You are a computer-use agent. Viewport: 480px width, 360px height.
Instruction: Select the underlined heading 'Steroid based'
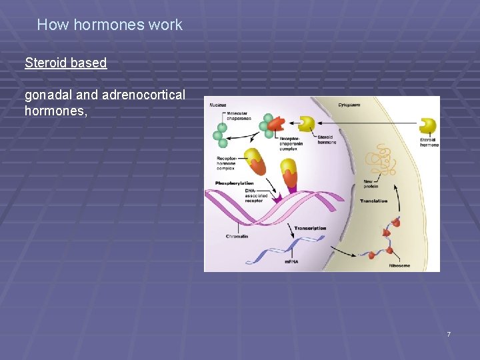click(x=65, y=63)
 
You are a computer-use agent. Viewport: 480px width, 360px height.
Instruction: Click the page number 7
click(x=449, y=334)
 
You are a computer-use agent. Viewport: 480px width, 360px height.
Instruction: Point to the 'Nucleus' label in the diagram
click(x=218, y=105)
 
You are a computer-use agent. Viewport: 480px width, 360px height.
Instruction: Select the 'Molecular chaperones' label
click(x=238, y=117)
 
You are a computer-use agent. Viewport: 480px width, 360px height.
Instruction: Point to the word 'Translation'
click(x=373, y=201)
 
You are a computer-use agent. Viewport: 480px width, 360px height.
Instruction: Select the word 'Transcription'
click(x=310, y=229)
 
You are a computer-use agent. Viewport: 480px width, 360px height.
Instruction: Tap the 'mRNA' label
click(x=291, y=262)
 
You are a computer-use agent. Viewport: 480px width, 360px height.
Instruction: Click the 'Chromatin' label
click(x=237, y=236)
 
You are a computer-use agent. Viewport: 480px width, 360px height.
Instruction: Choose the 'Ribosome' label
click(x=398, y=265)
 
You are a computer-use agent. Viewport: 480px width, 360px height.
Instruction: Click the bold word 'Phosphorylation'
click(x=235, y=183)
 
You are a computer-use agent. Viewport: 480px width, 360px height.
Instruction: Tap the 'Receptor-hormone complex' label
click(x=227, y=163)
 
